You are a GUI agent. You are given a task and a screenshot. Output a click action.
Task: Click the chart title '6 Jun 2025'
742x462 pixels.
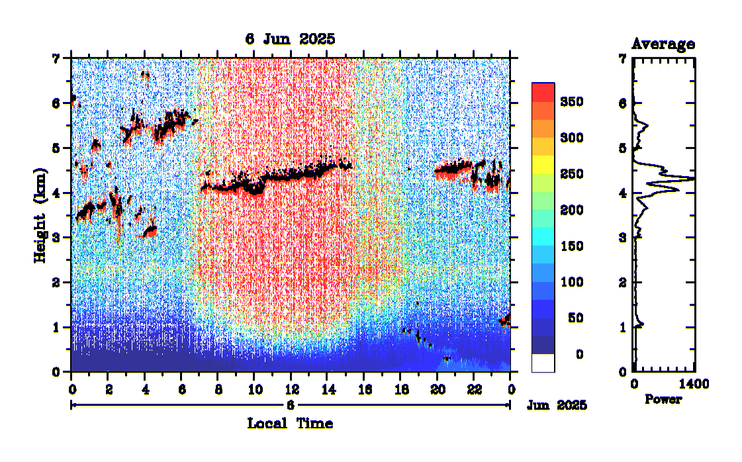290,39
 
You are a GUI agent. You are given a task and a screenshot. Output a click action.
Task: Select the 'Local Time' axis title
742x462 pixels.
290,423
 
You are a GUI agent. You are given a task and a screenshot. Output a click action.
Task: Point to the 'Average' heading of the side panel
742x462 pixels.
663,44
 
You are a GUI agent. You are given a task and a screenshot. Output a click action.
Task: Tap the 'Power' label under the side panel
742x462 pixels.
663,400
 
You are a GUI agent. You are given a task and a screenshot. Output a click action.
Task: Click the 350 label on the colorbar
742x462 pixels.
570,102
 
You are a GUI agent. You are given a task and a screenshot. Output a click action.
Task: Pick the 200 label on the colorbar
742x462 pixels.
570,210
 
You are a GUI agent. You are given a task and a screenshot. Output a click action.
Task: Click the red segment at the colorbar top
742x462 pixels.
543,92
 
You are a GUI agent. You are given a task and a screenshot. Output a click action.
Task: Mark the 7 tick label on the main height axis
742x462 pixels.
56,58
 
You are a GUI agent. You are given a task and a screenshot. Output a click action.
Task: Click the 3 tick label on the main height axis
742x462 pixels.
56,238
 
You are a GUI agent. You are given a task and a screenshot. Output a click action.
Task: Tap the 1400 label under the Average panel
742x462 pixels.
694,385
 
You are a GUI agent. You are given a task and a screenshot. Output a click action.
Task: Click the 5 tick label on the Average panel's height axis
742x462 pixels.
623,148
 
